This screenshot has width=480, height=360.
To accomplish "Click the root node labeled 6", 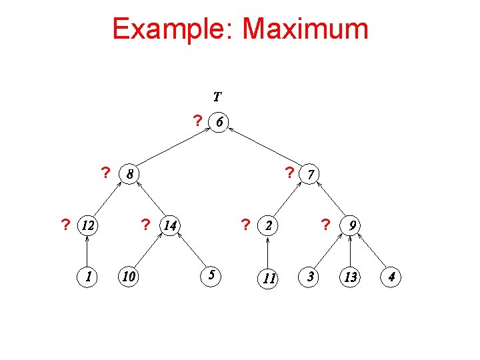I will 219,122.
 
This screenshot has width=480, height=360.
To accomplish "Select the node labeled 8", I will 129,175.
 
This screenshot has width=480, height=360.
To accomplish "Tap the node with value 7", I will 311,174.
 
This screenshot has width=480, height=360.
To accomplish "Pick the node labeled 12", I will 87,225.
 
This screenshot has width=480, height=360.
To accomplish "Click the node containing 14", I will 170,226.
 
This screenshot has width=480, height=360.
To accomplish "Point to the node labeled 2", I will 268,226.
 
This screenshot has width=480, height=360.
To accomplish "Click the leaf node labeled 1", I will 87,275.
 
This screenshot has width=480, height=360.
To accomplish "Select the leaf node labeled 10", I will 127,275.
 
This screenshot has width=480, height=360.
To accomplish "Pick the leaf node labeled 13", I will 351,276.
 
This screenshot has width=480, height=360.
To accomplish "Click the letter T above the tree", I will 218,96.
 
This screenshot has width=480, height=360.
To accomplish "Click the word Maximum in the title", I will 305,29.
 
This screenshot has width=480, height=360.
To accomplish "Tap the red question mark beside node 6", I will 197,121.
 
